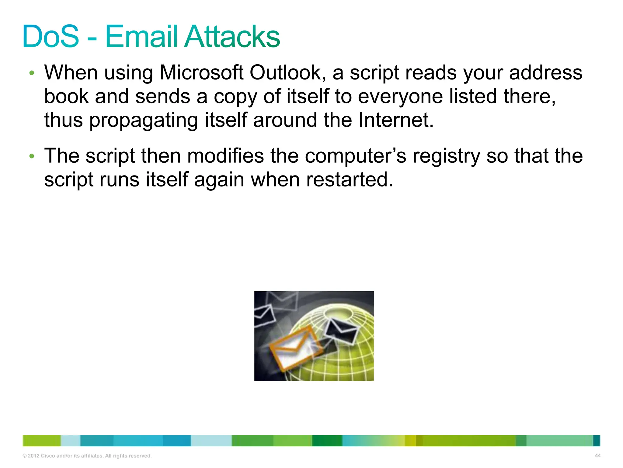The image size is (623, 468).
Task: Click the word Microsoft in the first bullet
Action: [x=201, y=73]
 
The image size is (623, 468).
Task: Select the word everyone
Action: [x=400, y=97]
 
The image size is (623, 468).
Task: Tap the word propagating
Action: [x=143, y=120]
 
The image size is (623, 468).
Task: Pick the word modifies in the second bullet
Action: [x=225, y=156]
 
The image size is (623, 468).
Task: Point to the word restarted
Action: [x=350, y=179]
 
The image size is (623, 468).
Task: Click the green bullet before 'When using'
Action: [x=32, y=73]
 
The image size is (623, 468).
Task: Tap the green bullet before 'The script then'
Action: [x=32, y=156]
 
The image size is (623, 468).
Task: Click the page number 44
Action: [x=597, y=456]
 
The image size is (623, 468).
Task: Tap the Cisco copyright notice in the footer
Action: [x=87, y=456]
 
